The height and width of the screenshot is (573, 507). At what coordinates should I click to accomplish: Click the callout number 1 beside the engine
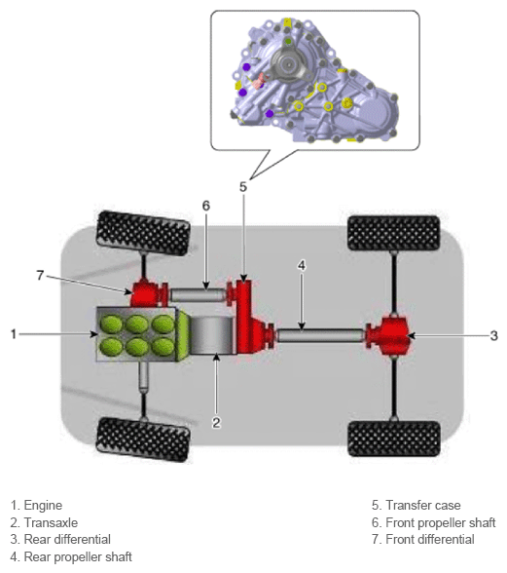click(14, 334)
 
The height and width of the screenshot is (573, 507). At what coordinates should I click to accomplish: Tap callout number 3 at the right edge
click(493, 335)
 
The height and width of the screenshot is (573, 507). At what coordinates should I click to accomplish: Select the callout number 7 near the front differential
click(40, 275)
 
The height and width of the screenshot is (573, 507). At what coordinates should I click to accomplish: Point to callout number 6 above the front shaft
click(206, 206)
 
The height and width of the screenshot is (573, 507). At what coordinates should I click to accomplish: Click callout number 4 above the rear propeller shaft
click(302, 266)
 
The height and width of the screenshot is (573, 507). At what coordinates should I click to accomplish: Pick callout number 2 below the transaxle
click(216, 423)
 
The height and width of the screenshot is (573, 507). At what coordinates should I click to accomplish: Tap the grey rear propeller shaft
click(320, 335)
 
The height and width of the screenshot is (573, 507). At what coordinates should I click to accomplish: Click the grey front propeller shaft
click(198, 294)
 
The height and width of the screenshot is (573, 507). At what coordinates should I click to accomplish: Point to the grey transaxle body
click(212, 335)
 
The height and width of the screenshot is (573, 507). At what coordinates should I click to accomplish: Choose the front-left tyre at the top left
click(143, 233)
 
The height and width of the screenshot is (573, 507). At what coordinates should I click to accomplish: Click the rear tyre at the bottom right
click(394, 439)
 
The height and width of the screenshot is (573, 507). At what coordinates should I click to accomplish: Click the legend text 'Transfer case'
click(423, 505)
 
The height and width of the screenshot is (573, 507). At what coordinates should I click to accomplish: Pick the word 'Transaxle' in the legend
click(51, 522)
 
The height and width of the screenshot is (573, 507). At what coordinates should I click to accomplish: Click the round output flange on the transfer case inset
click(289, 64)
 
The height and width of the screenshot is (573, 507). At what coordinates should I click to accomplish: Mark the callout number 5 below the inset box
click(243, 187)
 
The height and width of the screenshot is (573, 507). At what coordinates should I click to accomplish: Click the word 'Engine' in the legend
click(43, 506)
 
